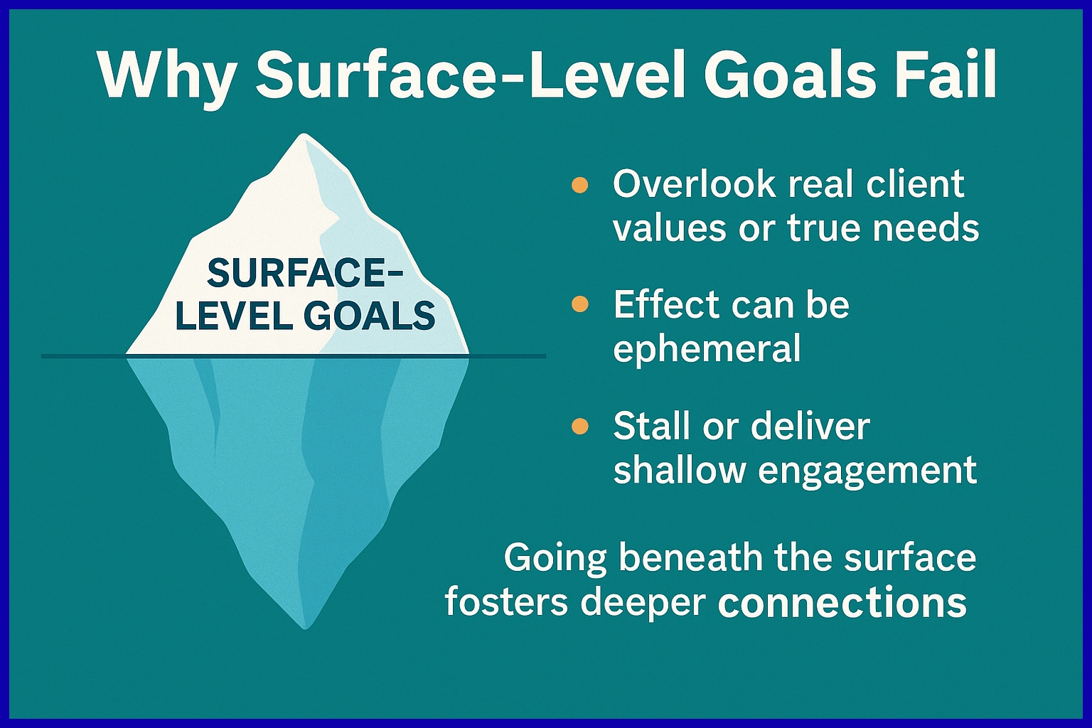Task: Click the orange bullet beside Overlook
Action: pos(579,186)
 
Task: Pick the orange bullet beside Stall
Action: pos(579,426)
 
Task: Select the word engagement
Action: pos(867,471)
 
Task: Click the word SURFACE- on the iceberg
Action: pos(305,274)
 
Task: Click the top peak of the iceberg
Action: pos(304,134)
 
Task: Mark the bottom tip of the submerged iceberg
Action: pos(305,628)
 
